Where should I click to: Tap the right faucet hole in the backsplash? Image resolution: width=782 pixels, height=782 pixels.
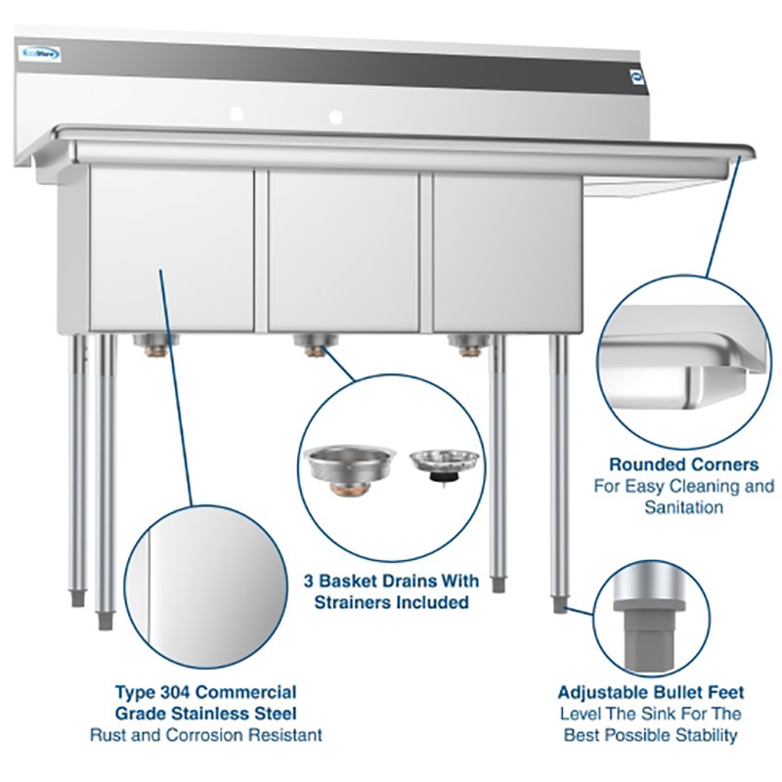[x=336, y=117]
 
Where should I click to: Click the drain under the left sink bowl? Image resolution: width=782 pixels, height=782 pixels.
[x=153, y=342]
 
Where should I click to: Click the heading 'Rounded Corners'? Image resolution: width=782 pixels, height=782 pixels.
[x=683, y=464]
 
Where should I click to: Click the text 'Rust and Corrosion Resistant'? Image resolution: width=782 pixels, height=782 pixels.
[x=205, y=734]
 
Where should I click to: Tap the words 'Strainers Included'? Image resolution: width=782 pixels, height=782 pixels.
[x=391, y=602]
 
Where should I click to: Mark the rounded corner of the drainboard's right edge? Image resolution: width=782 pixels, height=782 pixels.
[x=745, y=150]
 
